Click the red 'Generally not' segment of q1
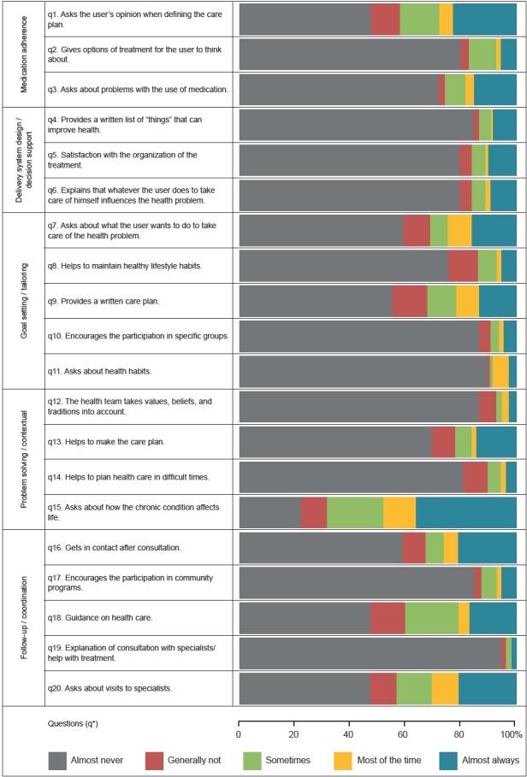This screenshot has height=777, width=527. point(385,20)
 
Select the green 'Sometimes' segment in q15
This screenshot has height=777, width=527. point(355,512)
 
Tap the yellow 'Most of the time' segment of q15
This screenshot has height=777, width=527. point(400,512)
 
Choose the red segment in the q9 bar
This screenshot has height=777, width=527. point(409,301)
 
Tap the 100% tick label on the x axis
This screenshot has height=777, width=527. point(512,735)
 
